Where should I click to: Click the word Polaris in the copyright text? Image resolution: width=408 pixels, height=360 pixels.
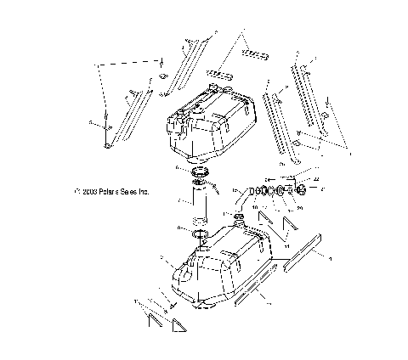click(109, 192)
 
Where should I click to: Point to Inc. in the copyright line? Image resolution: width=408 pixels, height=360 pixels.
click(145, 192)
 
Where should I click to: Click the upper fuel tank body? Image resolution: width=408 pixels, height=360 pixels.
click(208, 127)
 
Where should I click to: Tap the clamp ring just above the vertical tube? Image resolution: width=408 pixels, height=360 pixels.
click(201, 175)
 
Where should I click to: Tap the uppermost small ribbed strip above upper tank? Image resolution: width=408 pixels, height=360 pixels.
click(254, 54)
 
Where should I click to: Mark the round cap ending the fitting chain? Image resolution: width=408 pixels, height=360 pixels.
click(303, 189)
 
